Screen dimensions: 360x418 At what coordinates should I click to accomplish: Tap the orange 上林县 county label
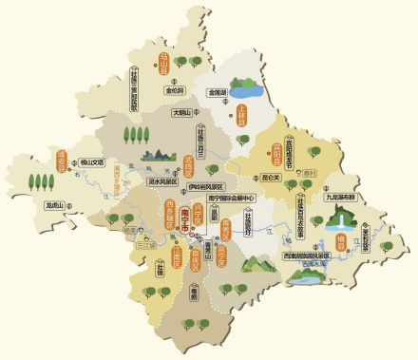tap(241, 114)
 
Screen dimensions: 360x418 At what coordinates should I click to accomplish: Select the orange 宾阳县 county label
tap(276, 151)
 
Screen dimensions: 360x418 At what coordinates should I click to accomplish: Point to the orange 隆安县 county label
tap(62, 161)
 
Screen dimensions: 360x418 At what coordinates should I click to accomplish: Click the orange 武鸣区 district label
tap(188, 166)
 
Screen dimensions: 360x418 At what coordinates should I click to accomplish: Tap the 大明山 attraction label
tap(181, 112)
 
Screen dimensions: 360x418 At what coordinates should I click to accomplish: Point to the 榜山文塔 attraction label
tap(92, 161)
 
